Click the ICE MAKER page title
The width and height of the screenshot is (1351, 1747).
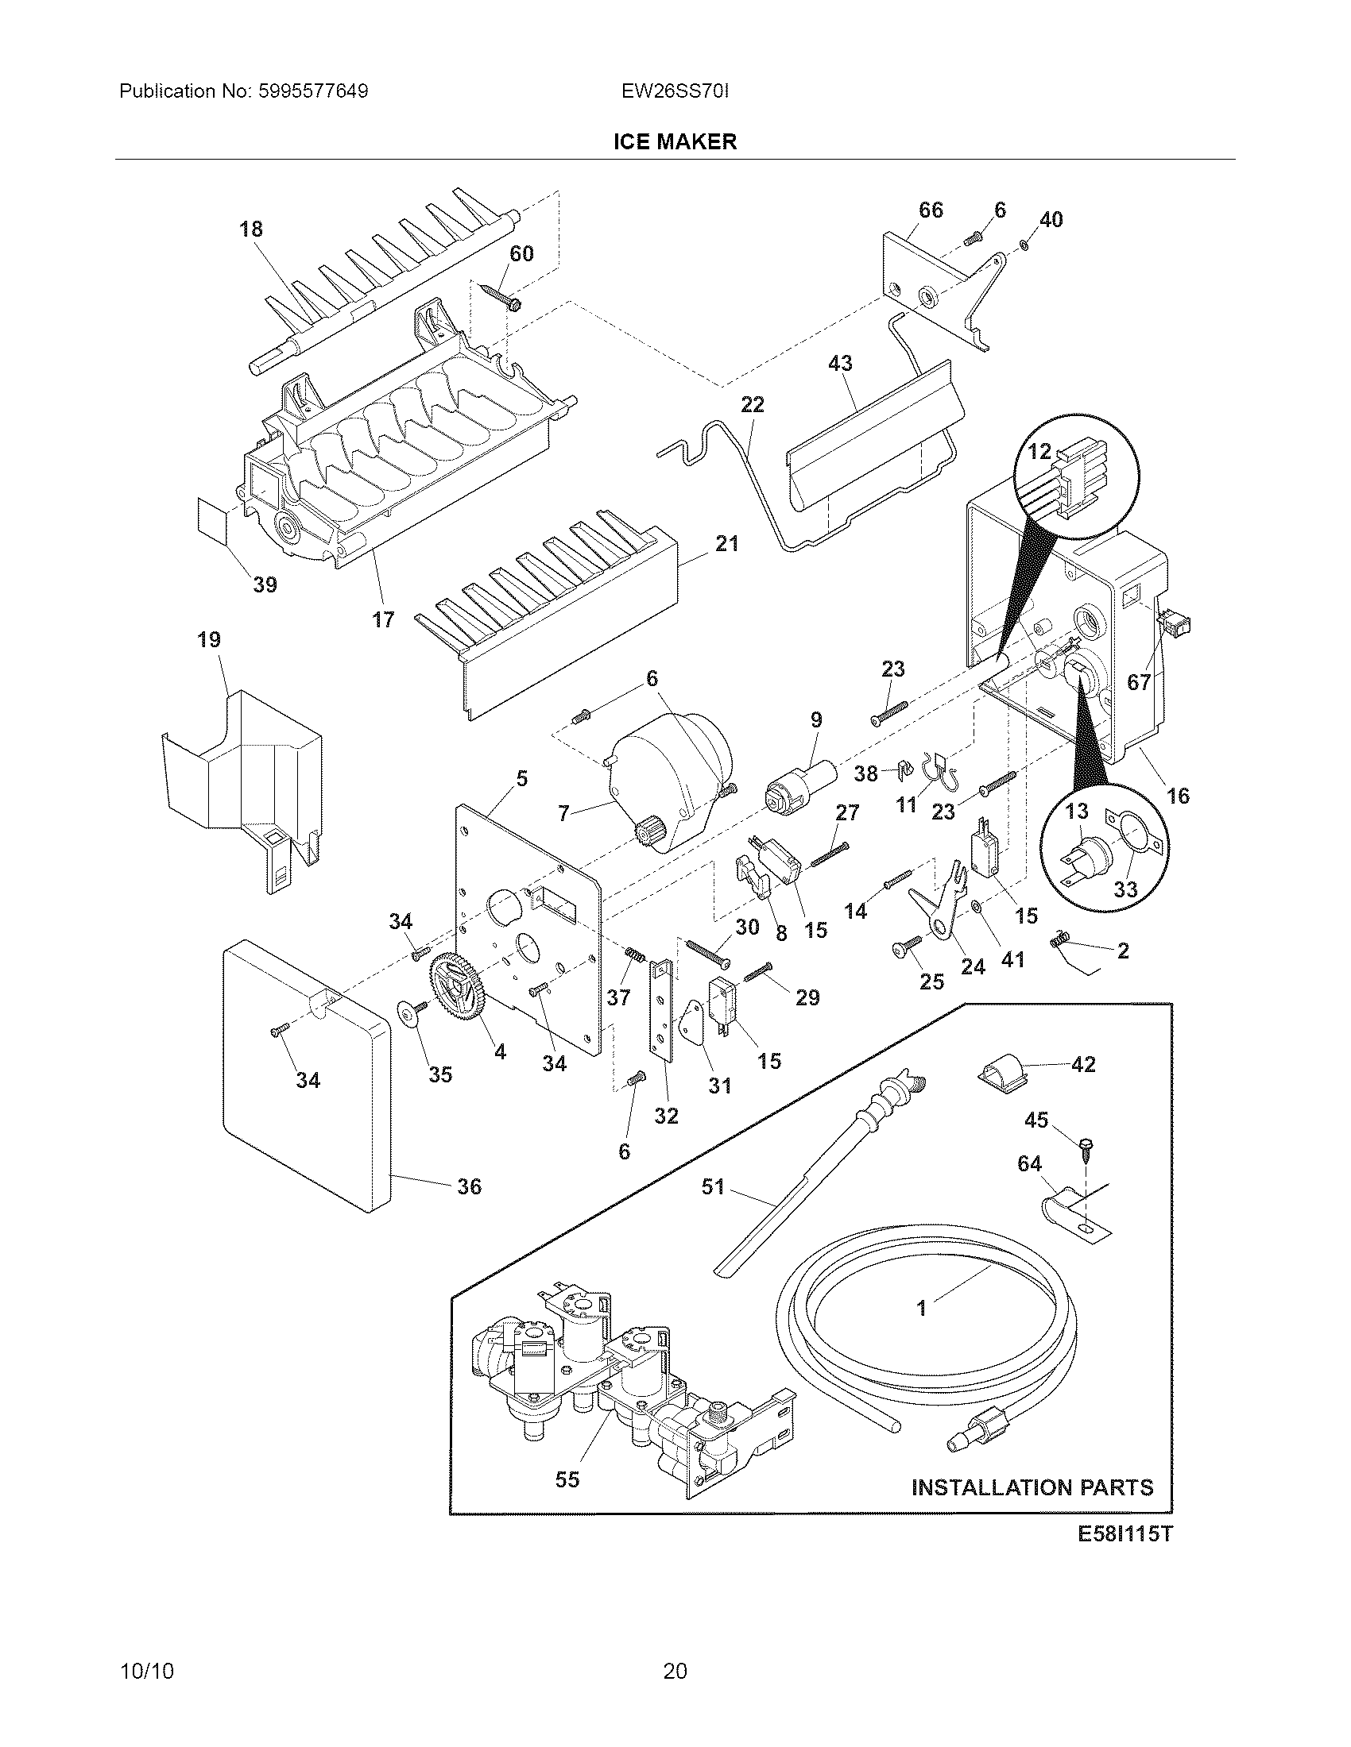tap(675, 141)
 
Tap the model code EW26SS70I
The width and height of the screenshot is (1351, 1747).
tap(675, 91)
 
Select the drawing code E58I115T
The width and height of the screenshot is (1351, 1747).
tap(1124, 1534)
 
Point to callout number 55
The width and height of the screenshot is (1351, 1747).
tap(567, 1480)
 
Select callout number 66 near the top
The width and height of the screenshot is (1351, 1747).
tap(930, 210)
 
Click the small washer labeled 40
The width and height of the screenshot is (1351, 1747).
tap(1026, 244)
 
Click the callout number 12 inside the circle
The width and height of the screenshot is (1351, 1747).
tap(1039, 452)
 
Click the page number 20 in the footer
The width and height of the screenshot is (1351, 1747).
tap(675, 1671)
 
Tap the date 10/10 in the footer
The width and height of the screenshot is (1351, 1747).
tap(146, 1671)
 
